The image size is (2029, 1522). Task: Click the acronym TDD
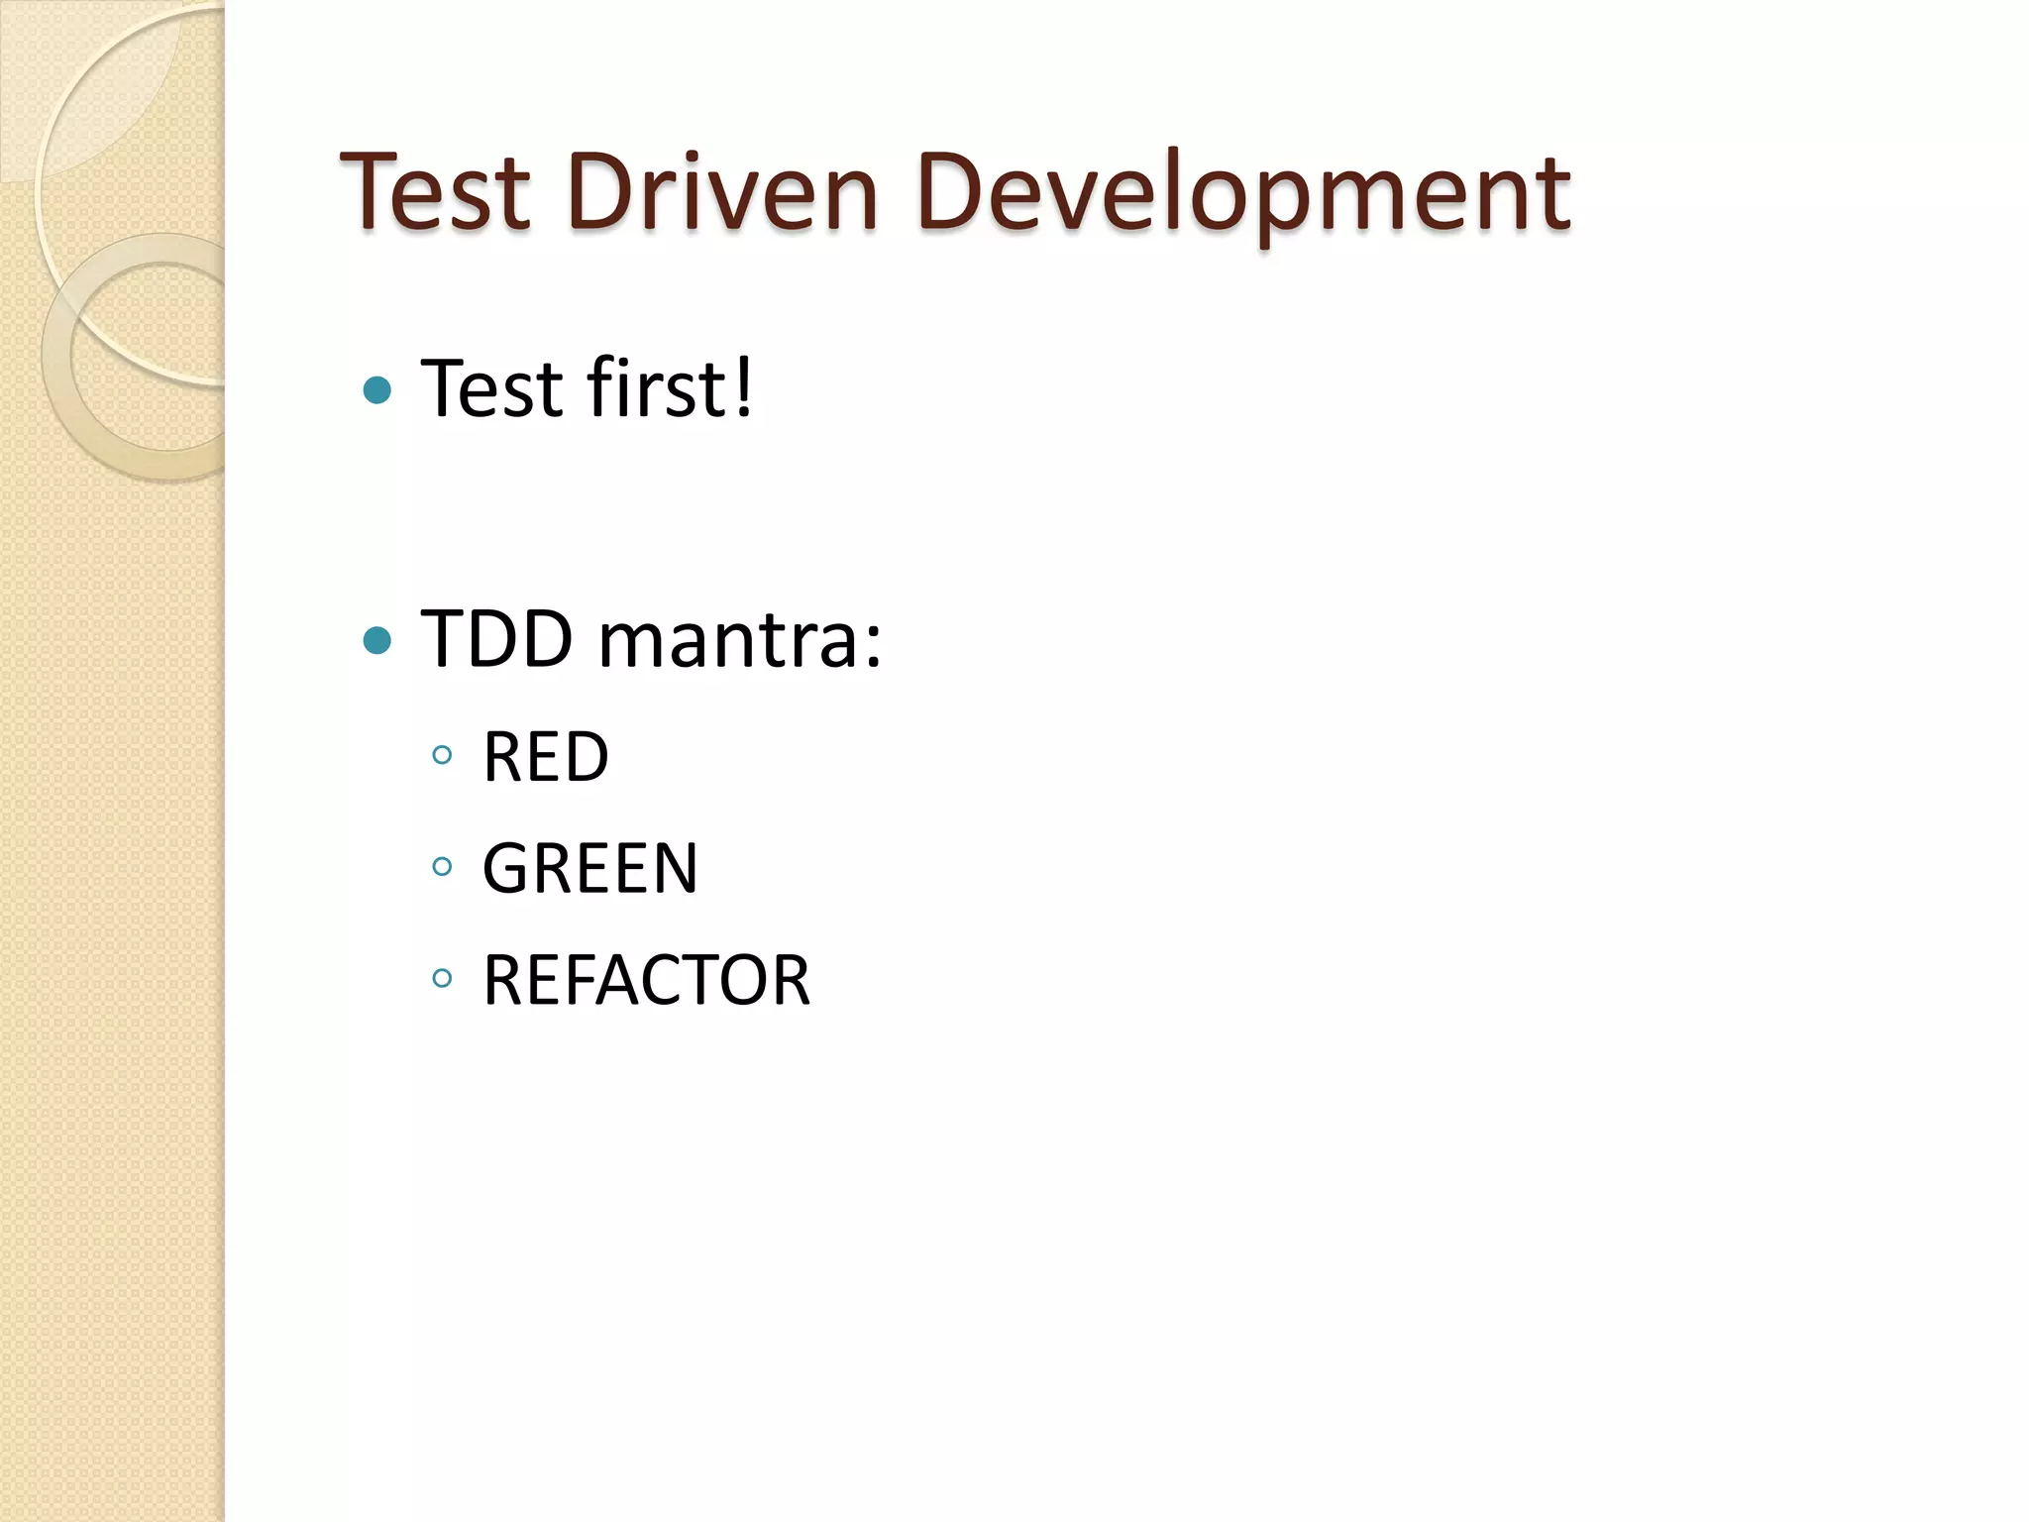coord(497,638)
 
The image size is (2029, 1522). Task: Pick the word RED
coord(545,757)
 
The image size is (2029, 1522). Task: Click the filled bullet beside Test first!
coord(377,390)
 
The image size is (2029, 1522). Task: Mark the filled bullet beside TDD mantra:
coord(377,641)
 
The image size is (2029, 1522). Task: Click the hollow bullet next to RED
coord(442,756)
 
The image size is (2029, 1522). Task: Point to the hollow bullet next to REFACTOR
coord(442,979)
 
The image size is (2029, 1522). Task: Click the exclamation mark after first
coord(743,387)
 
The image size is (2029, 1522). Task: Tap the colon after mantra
coord(872,644)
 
